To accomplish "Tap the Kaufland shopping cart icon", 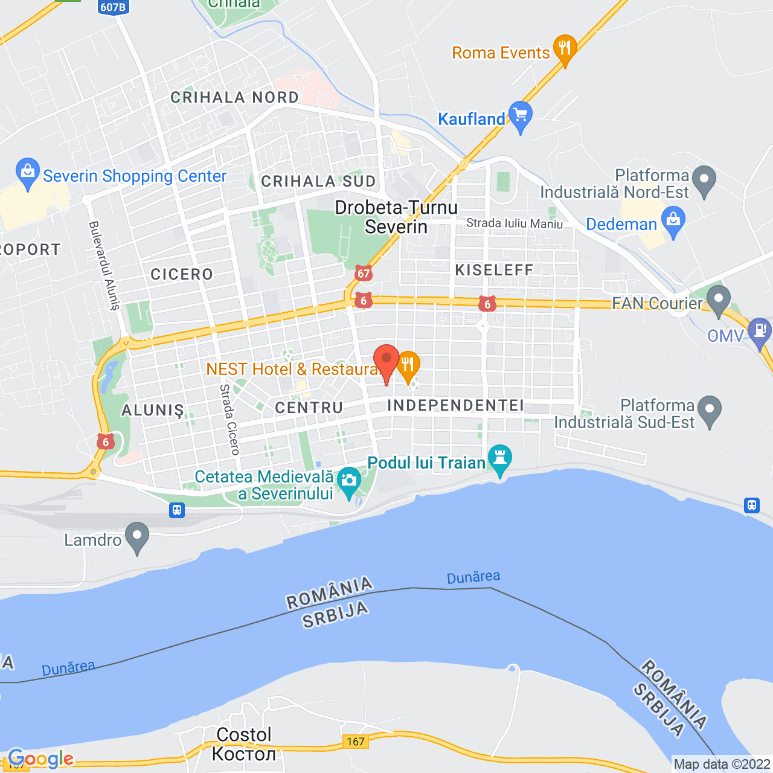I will [x=521, y=115].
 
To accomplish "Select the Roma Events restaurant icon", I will [x=565, y=49].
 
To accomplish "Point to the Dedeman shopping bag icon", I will [x=673, y=221].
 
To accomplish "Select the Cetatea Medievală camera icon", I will [x=348, y=482].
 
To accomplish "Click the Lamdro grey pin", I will [x=138, y=536].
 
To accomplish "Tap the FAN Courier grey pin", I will [x=719, y=300].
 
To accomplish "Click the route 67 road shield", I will [x=363, y=274].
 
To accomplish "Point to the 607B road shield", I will [x=113, y=7].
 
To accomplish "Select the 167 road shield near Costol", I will [x=356, y=741].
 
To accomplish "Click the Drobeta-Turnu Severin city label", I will [x=396, y=217].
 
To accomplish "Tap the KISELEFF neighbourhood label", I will [x=495, y=270].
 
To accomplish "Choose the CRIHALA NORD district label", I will [x=235, y=97].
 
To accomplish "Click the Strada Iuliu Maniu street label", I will [x=515, y=223].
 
